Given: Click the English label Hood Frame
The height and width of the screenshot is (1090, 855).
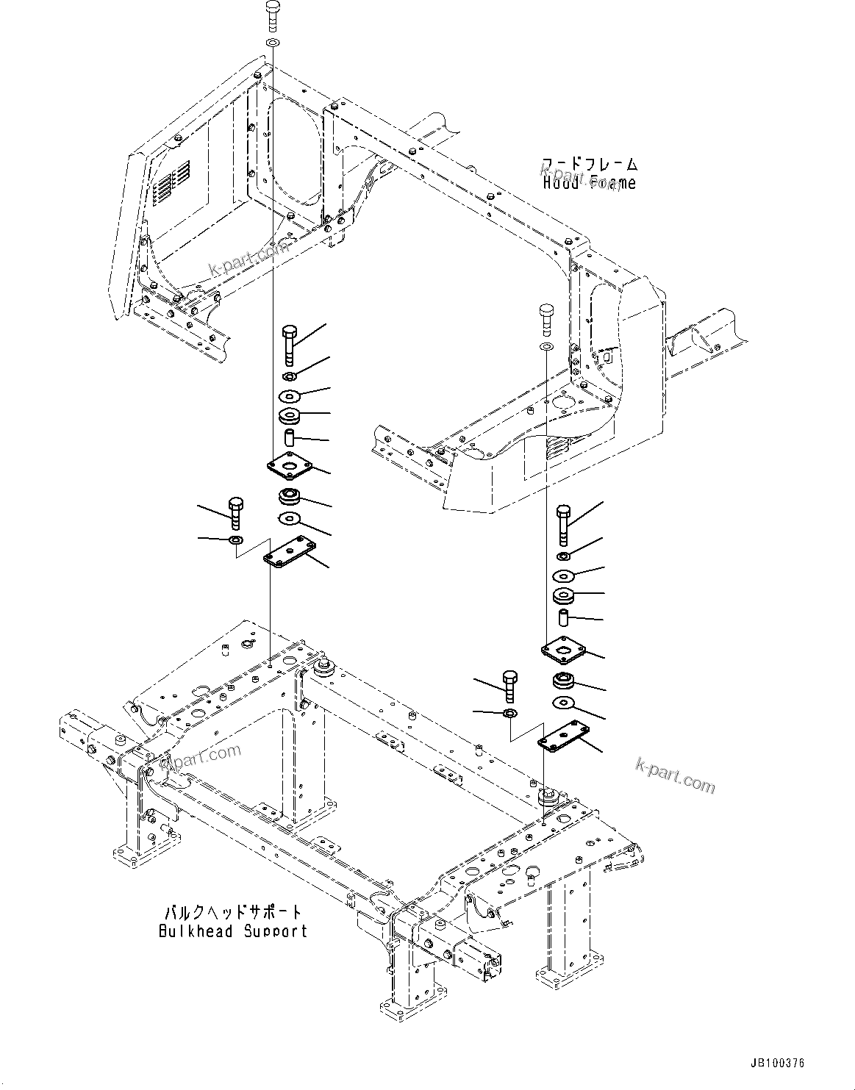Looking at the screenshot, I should click(x=590, y=183).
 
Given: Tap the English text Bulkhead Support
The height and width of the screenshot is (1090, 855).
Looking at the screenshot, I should click(x=233, y=931).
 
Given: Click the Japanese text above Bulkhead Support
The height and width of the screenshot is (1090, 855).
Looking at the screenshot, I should click(x=233, y=912).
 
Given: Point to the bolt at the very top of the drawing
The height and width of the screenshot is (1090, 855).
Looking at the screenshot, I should click(x=271, y=15).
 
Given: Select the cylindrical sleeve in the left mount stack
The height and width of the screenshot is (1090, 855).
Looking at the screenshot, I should click(x=290, y=440).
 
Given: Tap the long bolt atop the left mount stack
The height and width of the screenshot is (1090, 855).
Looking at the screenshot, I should click(x=289, y=344).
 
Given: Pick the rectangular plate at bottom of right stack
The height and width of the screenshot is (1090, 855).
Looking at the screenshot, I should click(x=564, y=736).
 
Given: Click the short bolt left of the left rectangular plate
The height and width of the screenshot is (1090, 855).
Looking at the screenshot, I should click(x=236, y=512).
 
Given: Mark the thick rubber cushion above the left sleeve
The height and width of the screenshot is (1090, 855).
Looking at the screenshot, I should click(x=290, y=417).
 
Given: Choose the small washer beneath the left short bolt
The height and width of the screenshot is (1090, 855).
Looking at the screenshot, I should click(x=235, y=541).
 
